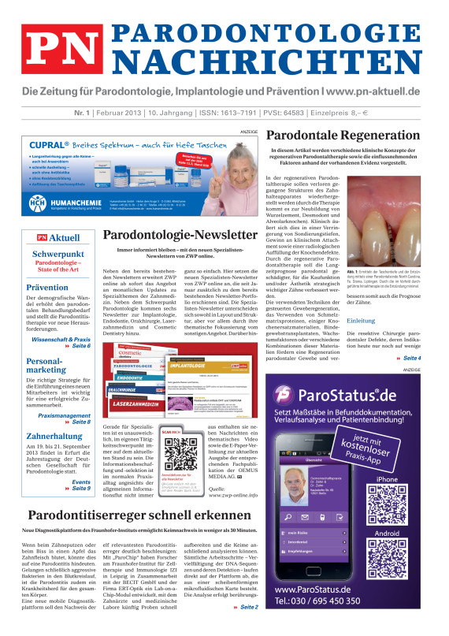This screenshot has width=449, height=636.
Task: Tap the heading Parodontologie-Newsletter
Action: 180,235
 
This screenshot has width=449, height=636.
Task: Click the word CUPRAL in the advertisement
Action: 50,147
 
